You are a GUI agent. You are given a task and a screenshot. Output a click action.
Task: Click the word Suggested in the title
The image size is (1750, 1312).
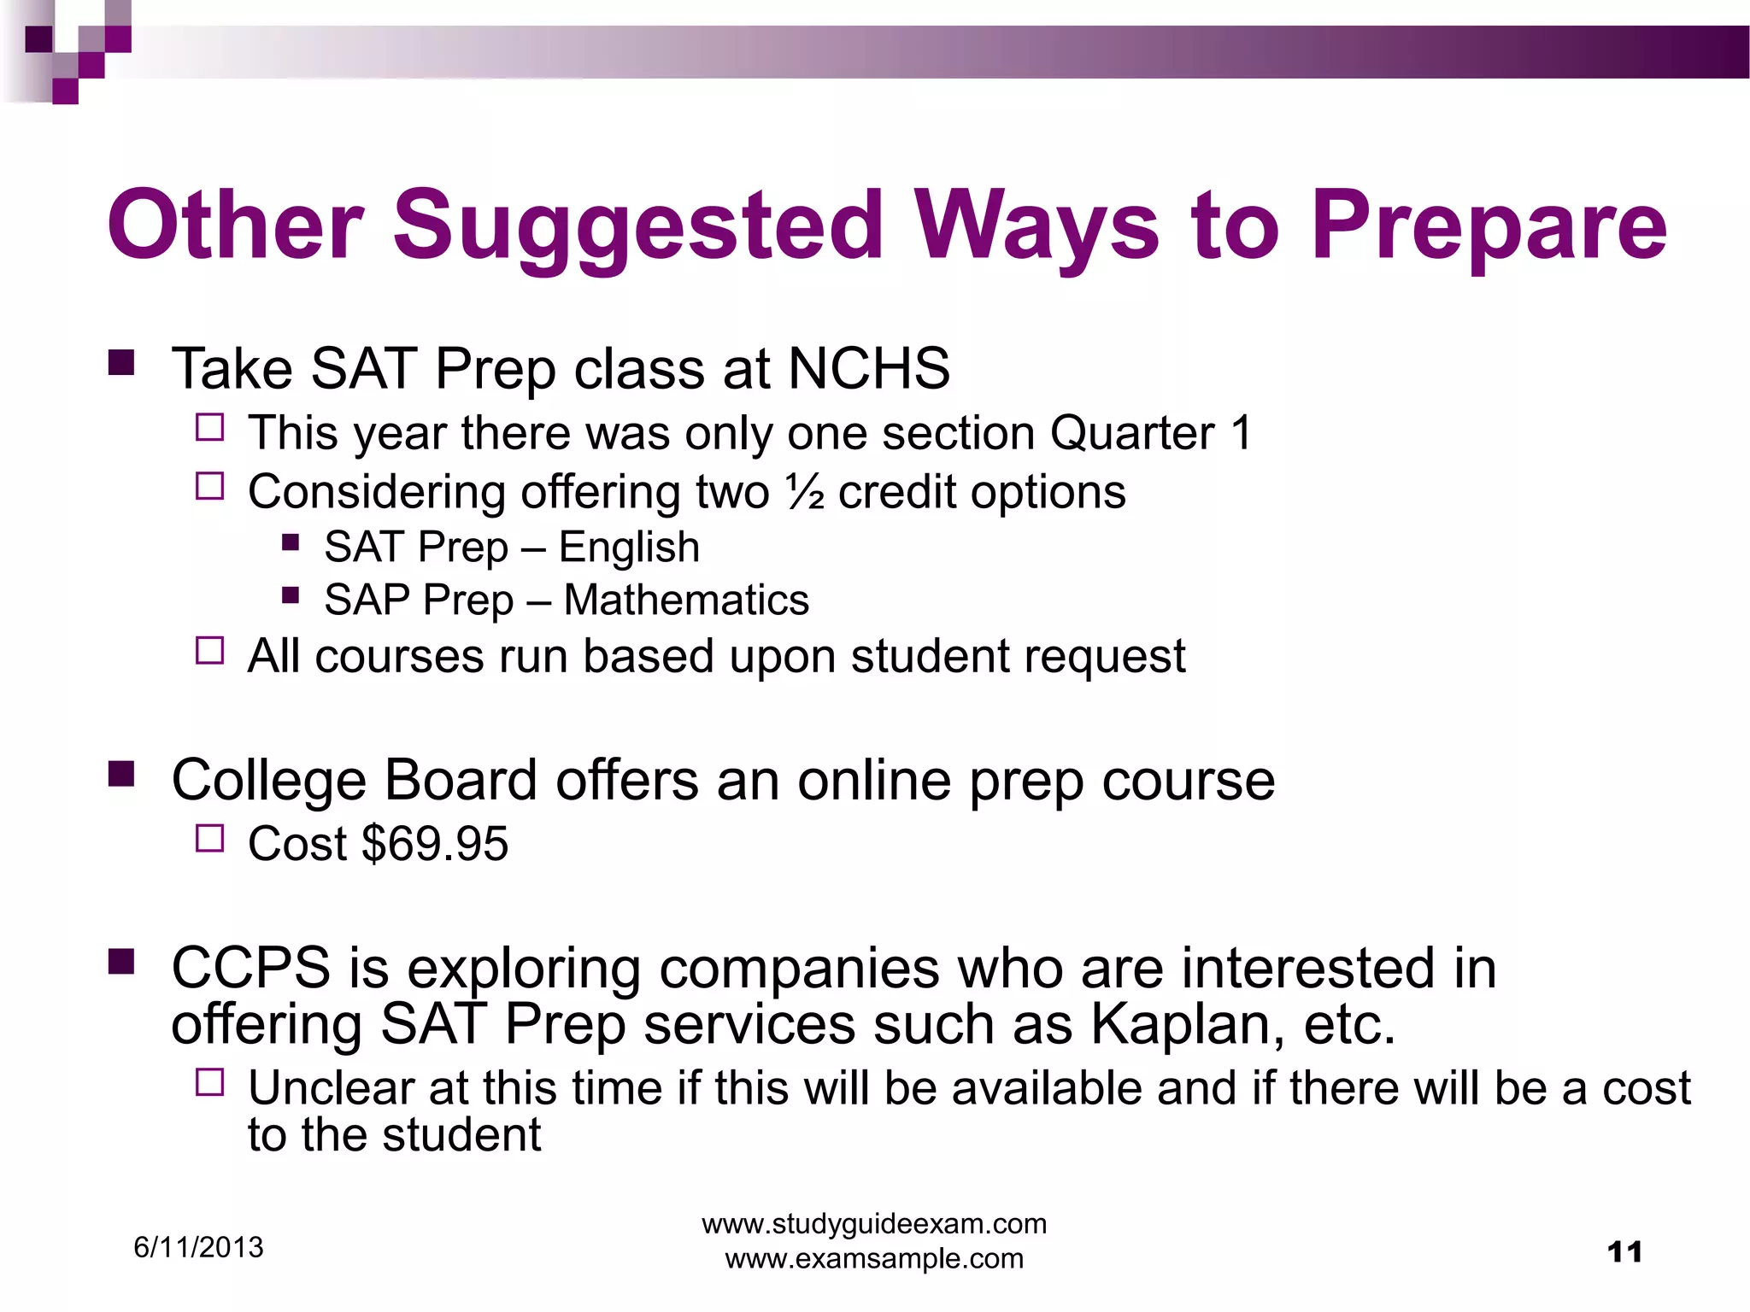click(637, 226)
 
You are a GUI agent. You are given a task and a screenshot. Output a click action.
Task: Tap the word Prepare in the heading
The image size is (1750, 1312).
click(1489, 226)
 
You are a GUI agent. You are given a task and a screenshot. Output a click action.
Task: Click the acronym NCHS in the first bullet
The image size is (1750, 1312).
click(868, 369)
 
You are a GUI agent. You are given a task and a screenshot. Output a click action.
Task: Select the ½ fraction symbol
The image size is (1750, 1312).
click(804, 493)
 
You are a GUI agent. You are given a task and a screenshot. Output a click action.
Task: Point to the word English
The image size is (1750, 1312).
click(629, 548)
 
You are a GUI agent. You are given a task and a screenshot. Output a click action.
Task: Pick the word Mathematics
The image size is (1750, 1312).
click(686, 600)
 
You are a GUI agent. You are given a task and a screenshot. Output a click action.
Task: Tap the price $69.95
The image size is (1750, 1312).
click(435, 844)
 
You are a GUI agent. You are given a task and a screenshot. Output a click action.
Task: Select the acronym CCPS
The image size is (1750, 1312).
click(250, 969)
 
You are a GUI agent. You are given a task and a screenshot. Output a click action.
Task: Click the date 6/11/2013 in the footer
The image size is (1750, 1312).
click(198, 1248)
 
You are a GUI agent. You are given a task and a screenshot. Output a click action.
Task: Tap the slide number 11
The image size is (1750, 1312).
click(1624, 1253)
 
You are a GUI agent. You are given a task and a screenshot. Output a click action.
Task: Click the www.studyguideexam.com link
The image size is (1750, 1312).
click(874, 1224)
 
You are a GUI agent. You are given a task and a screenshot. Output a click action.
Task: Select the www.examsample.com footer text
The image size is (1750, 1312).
click(874, 1258)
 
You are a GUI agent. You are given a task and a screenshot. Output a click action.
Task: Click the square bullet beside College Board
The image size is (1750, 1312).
click(121, 774)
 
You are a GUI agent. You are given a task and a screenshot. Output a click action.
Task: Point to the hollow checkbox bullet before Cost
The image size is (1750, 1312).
click(209, 839)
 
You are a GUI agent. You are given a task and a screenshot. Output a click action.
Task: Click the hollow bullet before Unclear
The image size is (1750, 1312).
click(209, 1083)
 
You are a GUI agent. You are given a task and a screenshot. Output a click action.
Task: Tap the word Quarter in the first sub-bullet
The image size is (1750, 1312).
click(1131, 433)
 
